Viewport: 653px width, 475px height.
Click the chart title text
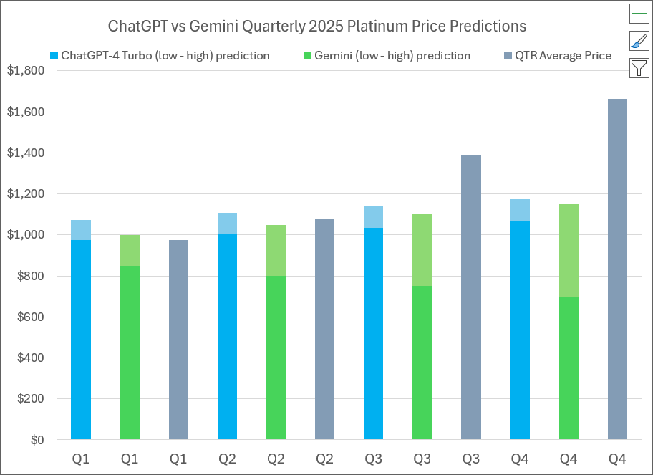(316, 27)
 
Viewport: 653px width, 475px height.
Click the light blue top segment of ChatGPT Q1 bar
(81, 230)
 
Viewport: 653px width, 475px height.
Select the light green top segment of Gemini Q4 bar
(569, 250)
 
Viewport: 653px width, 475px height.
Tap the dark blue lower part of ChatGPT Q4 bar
(520, 330)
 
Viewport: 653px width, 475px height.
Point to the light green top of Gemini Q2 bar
(276, 250)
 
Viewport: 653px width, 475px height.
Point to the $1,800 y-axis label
(25, 71)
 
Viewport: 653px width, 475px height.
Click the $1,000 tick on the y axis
(25, 235)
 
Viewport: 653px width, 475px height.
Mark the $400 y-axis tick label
(29, 358)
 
